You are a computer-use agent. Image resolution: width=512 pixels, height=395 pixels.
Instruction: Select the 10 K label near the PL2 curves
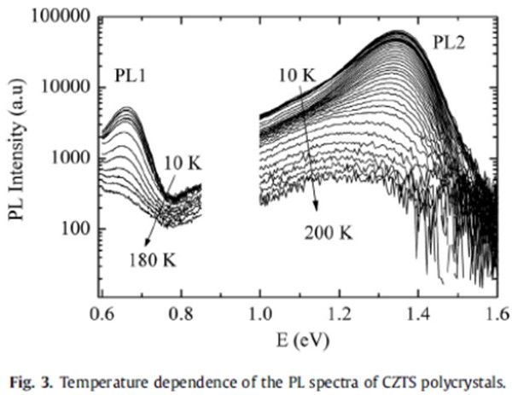coord(296,78)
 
